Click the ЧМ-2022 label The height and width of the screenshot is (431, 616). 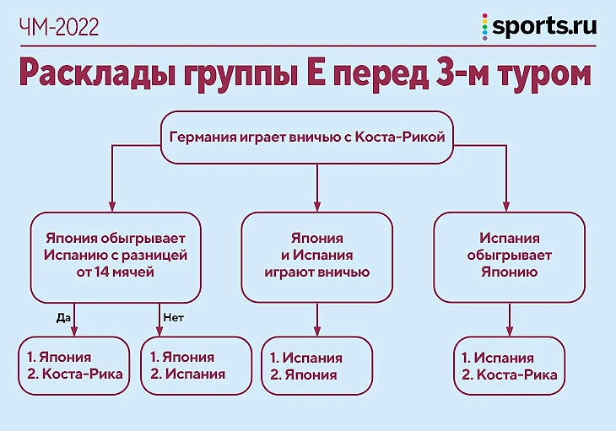click(x=58, y=28)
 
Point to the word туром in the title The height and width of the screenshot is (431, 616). click(x=543, y=74)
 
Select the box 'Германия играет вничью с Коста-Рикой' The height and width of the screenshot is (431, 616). click(x=306, y=137)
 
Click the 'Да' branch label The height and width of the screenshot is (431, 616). click(x=62, y=318)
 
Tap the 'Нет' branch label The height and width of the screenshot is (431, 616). click(x=172, y=318)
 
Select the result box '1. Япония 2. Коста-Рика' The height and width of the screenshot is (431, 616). click(x=74, y=365)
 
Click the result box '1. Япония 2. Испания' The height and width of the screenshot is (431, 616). click(x=197, y=365)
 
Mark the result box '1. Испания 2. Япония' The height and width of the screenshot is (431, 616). click(x=316, y=365)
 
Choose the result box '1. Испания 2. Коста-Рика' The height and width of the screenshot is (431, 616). click(x=509, y=365)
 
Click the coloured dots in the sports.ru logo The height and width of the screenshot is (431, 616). click(x=484, y=27)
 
